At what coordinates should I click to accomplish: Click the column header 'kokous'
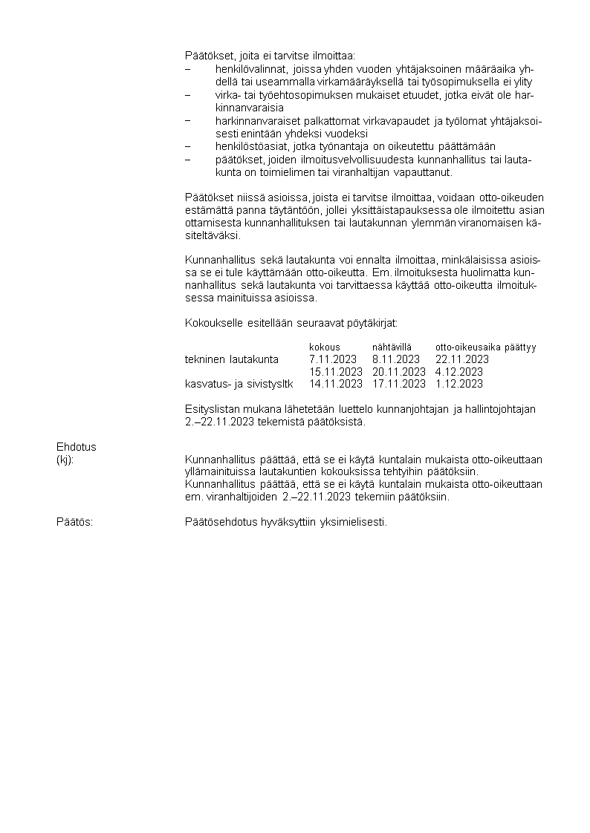[325, 347]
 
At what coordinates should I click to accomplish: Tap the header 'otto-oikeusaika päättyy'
[485, 347]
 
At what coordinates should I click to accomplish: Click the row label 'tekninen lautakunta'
[232, 359]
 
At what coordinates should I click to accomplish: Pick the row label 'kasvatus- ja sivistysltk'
[239, 384]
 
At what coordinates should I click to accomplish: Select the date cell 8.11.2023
[396, 359]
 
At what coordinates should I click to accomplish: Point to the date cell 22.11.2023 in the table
[462, 359]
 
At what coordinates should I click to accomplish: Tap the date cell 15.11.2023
[336, 372]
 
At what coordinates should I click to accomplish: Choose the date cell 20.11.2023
[399, 372]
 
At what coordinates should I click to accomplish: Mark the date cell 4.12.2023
[459, 372]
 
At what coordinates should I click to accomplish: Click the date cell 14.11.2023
[336, 384]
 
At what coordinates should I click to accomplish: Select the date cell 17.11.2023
[399, 384]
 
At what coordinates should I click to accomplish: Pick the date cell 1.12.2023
[459, 384]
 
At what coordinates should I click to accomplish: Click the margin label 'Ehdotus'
[77, 447]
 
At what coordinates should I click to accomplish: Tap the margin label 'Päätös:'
[74, 522]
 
